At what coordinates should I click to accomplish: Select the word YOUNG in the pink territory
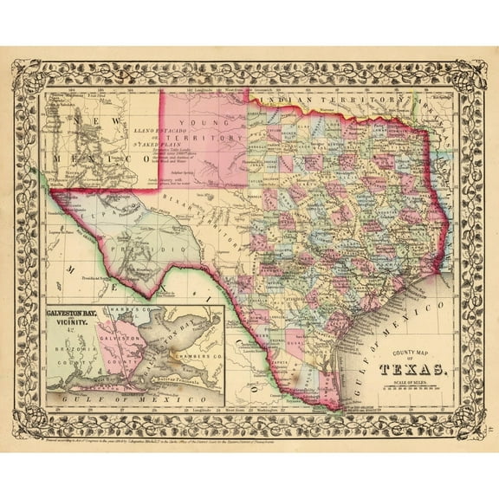tap(208, 123)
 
